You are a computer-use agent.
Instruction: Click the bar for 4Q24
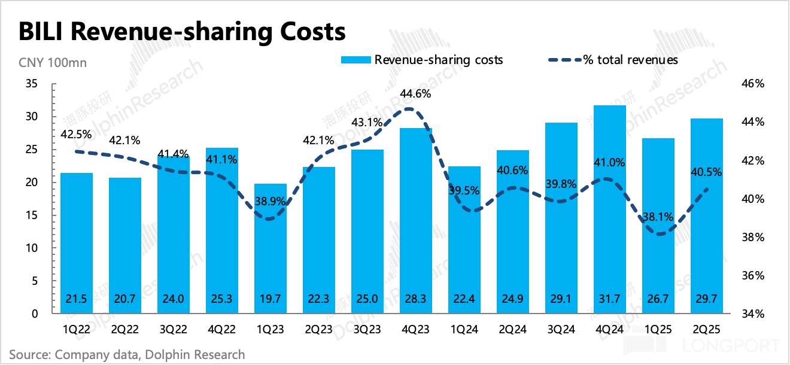[609, 209]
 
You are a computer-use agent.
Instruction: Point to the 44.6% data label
[416, 94]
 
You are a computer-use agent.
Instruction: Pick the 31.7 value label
[609, 298]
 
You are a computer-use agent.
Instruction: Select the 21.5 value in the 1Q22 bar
[77, 298]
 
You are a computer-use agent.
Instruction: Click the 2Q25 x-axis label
[706, 329]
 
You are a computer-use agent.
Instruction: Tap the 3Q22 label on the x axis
[174, 329]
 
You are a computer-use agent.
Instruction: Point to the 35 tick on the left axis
[32, 84]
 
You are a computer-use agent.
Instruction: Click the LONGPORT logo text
[742, 346]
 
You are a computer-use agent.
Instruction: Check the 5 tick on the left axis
[35, 281]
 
